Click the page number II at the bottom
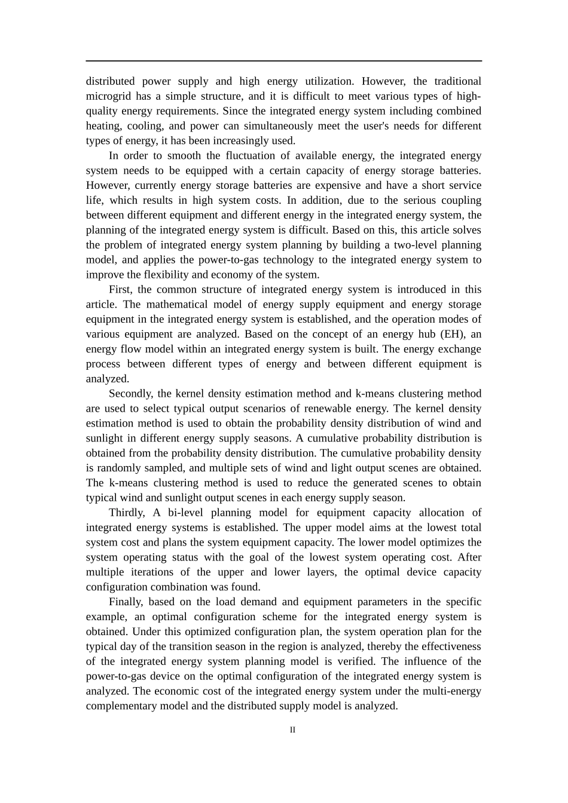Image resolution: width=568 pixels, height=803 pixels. click(292, 730)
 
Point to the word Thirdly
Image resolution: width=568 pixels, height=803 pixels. click(127, 513)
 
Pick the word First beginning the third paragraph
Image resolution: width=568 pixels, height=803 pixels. click(121, 290)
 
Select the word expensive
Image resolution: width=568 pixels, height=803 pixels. click(339, 186)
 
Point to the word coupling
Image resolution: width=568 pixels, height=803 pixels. click(461, 200)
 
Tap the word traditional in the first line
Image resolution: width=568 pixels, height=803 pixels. click(457, 81)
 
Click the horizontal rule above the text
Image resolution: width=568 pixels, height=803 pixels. click(283, 61)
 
